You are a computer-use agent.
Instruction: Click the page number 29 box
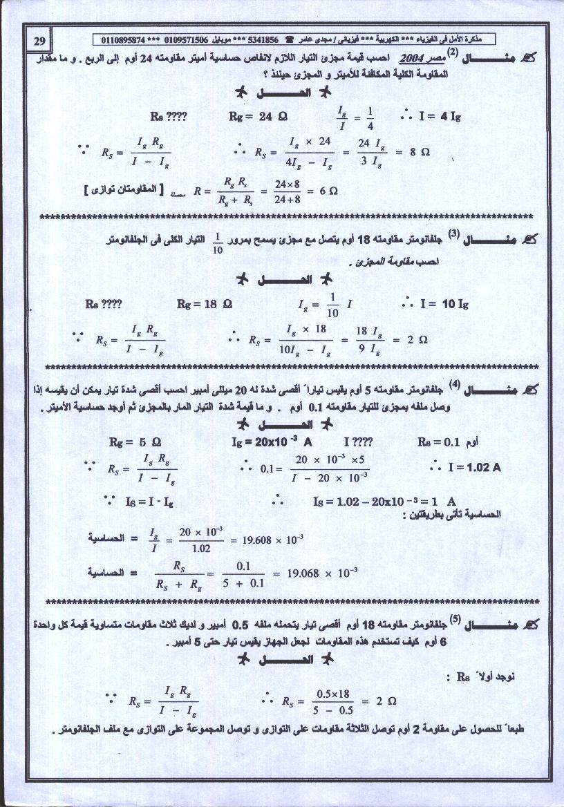pos(39,40)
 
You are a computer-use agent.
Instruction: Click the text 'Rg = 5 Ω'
pos(135,442)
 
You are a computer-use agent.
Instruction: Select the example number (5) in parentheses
pos(455,619)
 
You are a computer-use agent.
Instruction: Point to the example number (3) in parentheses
pos(453,235)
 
